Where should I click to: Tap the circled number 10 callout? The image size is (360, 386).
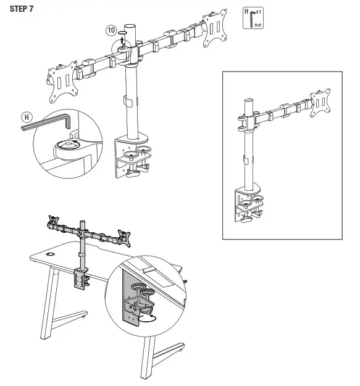(x=111, y=30)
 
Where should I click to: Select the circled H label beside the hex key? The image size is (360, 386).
(x=27, y=116)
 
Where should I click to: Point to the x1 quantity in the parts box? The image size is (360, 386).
(x=257, y=12)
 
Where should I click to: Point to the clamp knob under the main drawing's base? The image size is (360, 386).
(x=132, y=175)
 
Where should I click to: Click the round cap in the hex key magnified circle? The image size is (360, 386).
(x=66, y=145)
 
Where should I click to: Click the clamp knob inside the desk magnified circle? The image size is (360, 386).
(x=143, y=306)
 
